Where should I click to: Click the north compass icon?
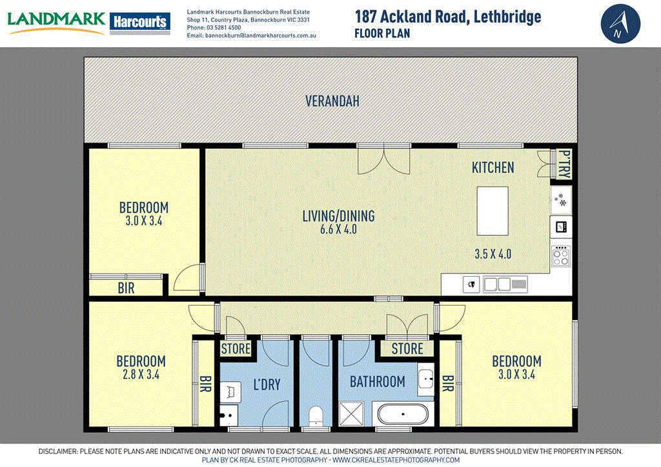tap(620, 23)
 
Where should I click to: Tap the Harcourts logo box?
tap(140, 22)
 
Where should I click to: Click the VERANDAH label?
tap(332, 101)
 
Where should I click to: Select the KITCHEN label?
tap(493, 168)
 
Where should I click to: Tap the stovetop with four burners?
tap(561, 257)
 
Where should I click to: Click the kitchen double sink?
tap(498, 283)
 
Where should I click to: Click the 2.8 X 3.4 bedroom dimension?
tap(141, 374)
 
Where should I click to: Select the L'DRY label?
tap(266, 384)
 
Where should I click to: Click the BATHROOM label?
tap(378, 381)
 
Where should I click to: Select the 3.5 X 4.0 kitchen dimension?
tap(492, 253)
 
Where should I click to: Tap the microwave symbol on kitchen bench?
tap(561, 226)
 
